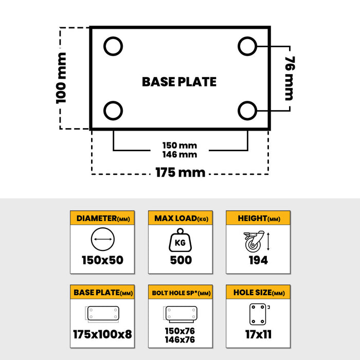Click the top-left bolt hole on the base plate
[x=113, y=47]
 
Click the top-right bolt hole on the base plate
[x=247, y=47]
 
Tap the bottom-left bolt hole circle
[x=113, y=110]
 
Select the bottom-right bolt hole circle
[x=247, y=110]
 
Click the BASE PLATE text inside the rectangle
[x=179, y=82]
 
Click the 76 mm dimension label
[x=289, y=78]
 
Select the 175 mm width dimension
[x=180, y=172]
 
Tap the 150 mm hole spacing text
[x=180, y=146]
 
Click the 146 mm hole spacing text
[x=180, y=154]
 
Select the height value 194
[x=258, y=260]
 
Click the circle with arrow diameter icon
[x=102, y=240]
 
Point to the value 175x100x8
[x=102, y=334]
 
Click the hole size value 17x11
[x=258, y=334]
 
